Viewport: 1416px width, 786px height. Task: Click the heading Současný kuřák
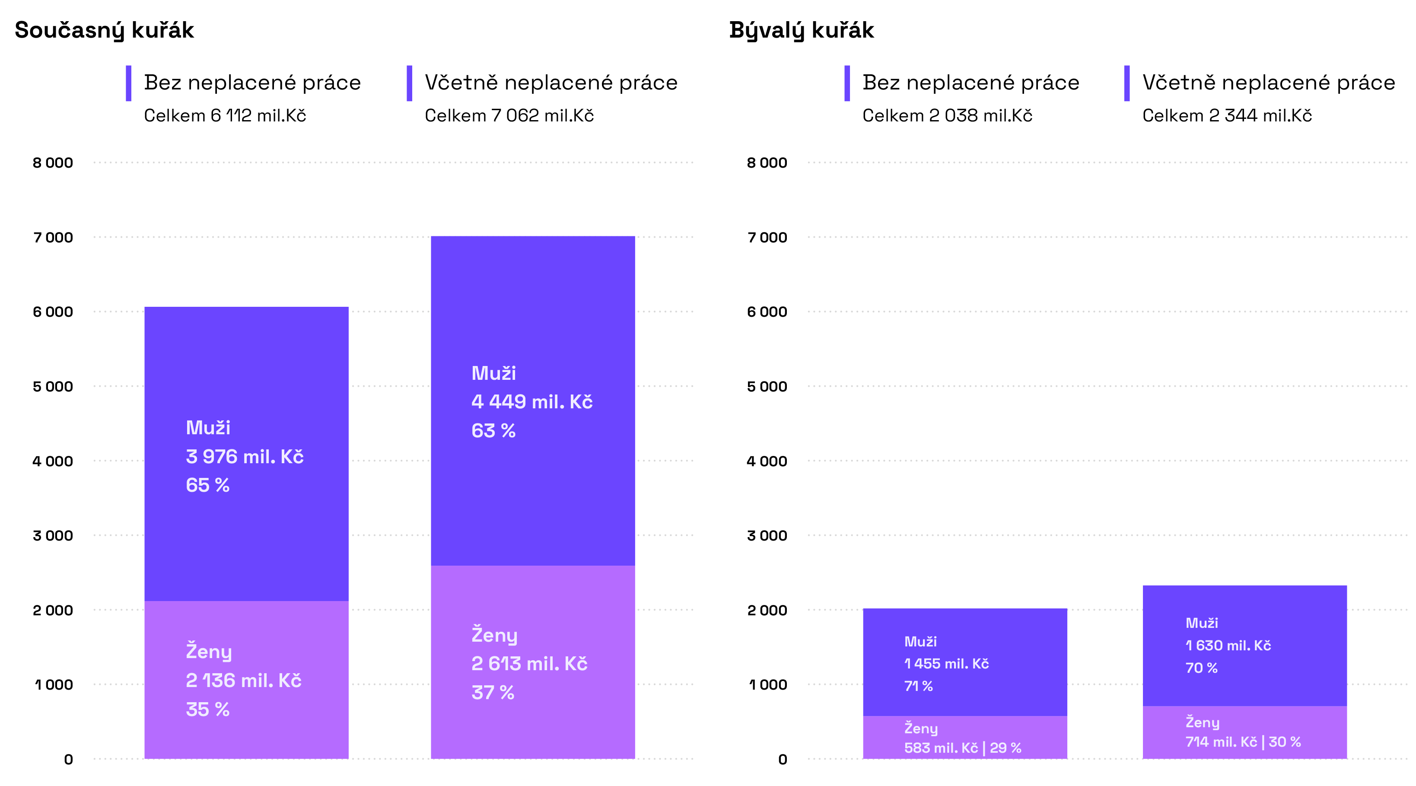pos(105,30)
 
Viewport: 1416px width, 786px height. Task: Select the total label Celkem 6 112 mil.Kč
pos(225,116)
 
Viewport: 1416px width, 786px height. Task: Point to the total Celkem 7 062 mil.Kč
pos(509,116)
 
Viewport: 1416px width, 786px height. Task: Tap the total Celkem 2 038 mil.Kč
pos(947,116)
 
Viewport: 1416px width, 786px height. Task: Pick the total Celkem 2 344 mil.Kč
pos(1227,116)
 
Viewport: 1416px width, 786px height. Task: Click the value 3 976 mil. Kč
pos(245,457)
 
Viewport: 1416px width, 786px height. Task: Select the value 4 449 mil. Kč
pos(531,402)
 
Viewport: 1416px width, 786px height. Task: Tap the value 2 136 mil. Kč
pos(244,681)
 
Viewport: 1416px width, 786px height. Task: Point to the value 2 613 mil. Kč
pos(529,664)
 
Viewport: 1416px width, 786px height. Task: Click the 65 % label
pos(208,485)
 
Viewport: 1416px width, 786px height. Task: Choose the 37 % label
pos(493,693)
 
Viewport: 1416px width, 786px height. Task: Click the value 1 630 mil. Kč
pos(1228,646)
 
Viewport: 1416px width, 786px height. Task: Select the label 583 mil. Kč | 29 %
pos(962,748)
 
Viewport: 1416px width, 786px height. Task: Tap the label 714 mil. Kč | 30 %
pos(1243,742)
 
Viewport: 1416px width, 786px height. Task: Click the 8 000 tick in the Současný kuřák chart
pos(53,163)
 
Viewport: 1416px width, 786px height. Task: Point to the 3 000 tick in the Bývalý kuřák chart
pos(767,536)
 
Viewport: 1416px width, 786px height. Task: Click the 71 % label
pos(919,687)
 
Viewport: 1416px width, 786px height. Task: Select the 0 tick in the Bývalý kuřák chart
pos(783,760)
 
